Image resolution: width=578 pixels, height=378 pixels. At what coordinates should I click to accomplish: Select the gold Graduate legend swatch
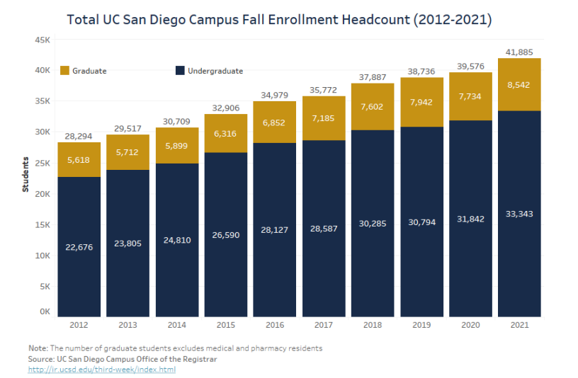point(65,71)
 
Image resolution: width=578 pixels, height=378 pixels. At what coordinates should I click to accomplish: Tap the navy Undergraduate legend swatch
point(180,71)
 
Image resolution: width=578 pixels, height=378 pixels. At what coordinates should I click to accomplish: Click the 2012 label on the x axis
point(79,325)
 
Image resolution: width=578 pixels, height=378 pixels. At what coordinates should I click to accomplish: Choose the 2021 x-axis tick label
point(519,325)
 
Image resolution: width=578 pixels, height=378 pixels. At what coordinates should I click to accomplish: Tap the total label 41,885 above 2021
point(519,51)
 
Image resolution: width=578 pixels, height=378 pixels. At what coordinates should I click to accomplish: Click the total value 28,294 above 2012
point(79,135)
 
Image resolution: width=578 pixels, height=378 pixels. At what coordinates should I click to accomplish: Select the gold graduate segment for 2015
point(226,133)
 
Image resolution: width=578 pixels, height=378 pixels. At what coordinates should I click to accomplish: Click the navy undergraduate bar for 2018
point(373,241)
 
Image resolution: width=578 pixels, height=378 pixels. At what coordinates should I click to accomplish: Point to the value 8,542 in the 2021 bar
point(519,85)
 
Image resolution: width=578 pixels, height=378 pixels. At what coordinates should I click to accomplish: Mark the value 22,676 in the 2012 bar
point(79,246)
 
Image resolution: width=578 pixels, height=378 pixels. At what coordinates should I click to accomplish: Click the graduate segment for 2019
point(421,102)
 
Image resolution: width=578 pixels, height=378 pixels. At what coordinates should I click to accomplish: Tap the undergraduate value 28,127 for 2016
point(275,229)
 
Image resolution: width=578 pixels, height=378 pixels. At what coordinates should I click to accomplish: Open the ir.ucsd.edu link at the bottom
point(102,370)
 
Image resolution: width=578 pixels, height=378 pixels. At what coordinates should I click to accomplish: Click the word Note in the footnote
point(37,348)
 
